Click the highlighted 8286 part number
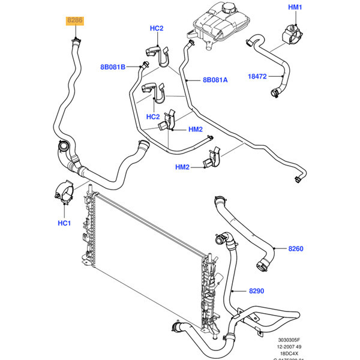[x=75, y=20]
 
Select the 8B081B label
[x=113, y=67]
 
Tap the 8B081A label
[x=215, y=79]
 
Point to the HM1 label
[x=295, y=7]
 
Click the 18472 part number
[x=257, y=76]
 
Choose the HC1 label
[x=64, y=224]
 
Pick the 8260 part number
[x=296, y=247]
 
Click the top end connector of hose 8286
[x=76, y=40]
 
